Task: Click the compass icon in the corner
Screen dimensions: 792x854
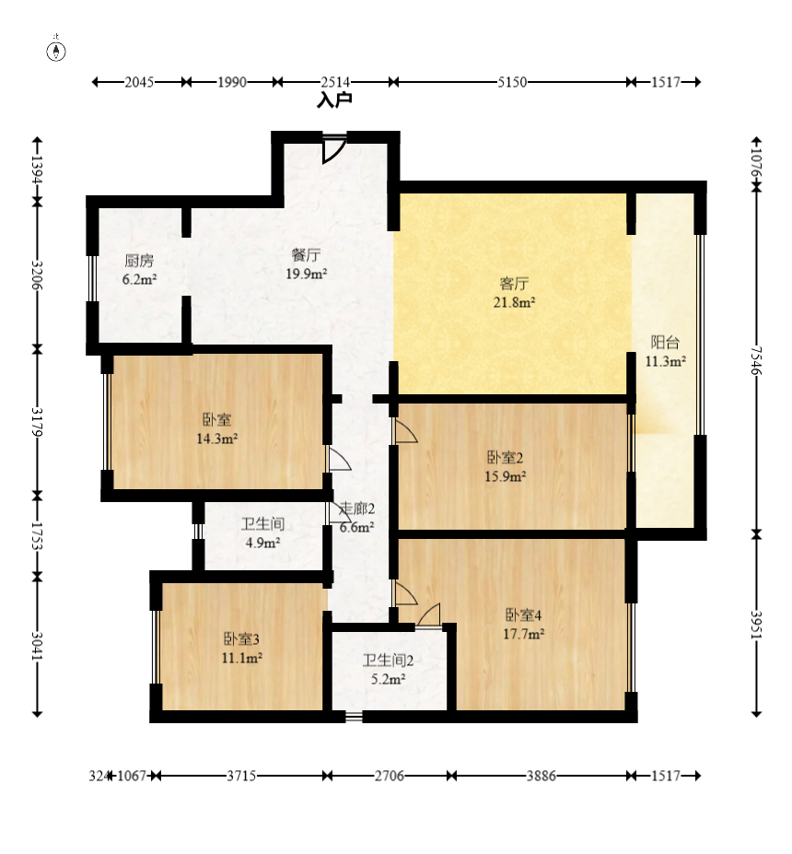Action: tap(56, 51)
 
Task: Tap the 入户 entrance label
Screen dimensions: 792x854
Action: tap(335, 100)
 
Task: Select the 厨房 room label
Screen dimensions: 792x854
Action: tap(139, 261)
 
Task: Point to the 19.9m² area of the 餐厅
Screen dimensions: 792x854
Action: tap(307, 274)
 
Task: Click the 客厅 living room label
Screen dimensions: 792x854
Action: tap(515, 284)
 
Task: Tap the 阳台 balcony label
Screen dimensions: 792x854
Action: tap(665, 343)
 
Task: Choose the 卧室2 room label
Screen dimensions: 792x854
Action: tap(506, 458)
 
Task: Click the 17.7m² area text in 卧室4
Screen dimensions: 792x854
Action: tap(524, 634)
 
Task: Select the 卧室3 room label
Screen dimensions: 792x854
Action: tap(241, 638)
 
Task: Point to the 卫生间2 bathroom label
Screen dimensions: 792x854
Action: tap(388, 661)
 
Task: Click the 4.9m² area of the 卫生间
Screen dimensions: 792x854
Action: tap(262, 543)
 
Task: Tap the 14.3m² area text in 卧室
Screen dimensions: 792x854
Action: tap(217, 439)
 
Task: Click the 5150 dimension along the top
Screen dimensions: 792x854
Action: tap(512, 82)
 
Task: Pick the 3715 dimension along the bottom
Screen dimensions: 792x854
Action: tap(241, 776)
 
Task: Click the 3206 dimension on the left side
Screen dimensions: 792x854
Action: tap(37, 275)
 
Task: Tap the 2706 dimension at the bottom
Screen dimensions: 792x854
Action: tap(390, 776)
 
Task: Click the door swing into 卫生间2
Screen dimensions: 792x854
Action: tap(429, 615)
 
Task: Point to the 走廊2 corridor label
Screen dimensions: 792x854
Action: tap(357, 509)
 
